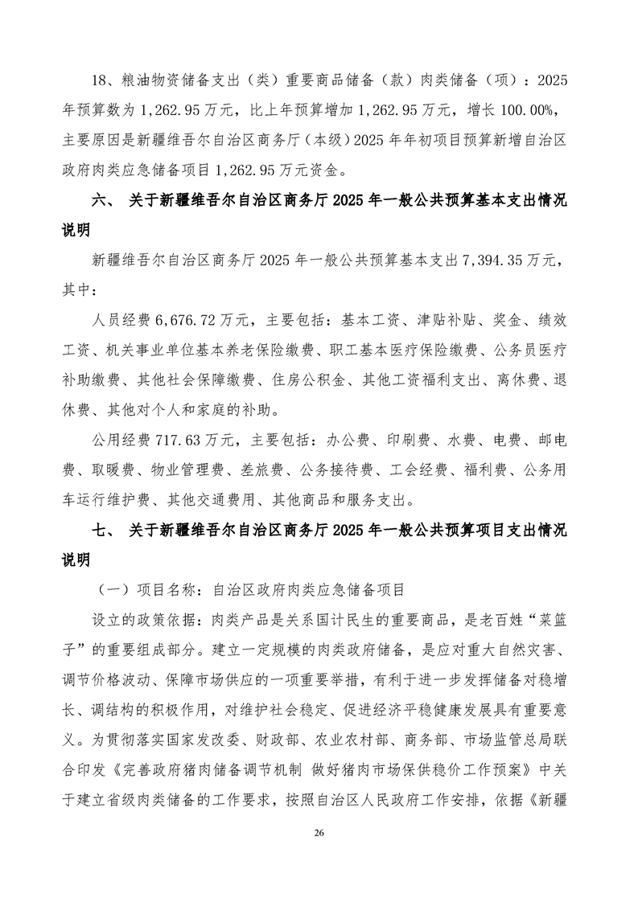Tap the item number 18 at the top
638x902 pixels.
(100, 82)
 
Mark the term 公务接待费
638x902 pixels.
(333, 469)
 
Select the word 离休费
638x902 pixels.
(511, 380)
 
